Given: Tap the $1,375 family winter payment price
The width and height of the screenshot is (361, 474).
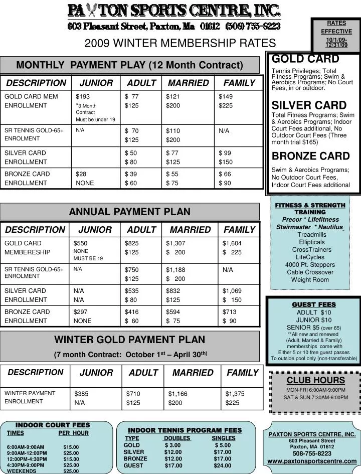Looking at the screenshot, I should coord(235,394).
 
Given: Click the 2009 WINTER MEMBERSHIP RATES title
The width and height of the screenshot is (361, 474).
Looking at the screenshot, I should coord(180,43).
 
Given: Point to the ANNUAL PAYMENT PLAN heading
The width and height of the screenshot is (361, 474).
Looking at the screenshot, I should coord(129,211).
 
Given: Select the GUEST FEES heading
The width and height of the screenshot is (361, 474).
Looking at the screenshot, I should coord(314,304).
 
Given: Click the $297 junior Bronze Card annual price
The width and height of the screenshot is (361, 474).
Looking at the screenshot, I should coord(80,311).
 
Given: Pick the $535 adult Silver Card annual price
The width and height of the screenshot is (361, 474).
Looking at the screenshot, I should coord(132,290).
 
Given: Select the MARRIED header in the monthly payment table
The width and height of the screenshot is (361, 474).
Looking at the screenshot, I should coord(188,83).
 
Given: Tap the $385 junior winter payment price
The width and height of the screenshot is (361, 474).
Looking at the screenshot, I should coord(81,394).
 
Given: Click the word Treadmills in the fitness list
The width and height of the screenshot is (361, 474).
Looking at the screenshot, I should coord(311,234).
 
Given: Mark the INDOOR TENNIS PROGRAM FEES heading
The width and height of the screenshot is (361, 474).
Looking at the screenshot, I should coord(185,430).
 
